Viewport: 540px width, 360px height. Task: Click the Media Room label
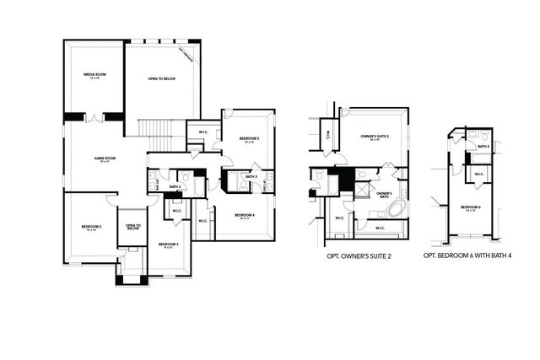coord(94,76)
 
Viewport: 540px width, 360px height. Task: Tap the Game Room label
coord(104,159)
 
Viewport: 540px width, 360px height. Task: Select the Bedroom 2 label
coord(91,228)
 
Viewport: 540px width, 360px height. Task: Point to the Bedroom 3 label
coord(166,245)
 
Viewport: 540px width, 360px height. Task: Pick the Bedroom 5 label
coord(248,139)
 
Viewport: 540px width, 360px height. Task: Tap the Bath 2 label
coord(175,186)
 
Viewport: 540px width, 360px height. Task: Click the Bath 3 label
coord(251,176)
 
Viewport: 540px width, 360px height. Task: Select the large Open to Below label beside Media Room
coord(161,79)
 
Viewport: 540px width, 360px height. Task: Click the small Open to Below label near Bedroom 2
coord(132,227)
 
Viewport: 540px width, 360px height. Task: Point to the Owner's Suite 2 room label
coord(375,136)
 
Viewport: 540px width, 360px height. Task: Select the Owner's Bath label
coord(383,194)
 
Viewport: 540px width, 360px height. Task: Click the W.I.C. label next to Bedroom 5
coord(203,132)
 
